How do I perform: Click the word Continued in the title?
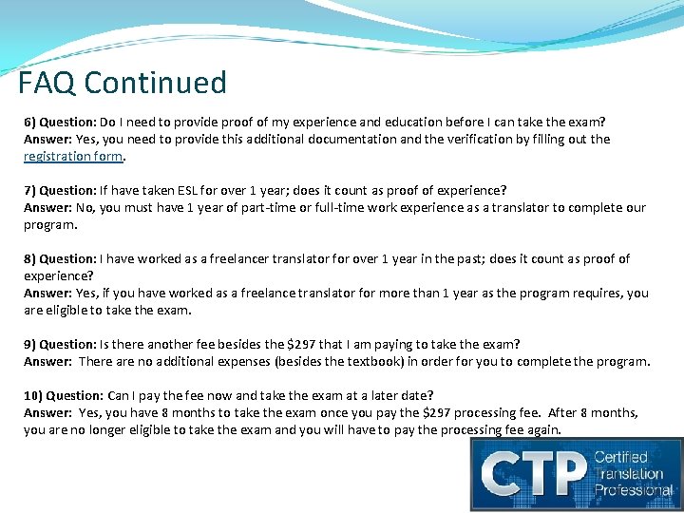(155, 83)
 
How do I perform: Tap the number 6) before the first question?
(31, 123)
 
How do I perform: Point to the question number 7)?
(31, 191)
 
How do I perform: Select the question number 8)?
(31, 259)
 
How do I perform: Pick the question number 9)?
(31, 344)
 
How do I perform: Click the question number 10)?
(33, 395)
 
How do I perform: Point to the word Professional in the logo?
(634, 491)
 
